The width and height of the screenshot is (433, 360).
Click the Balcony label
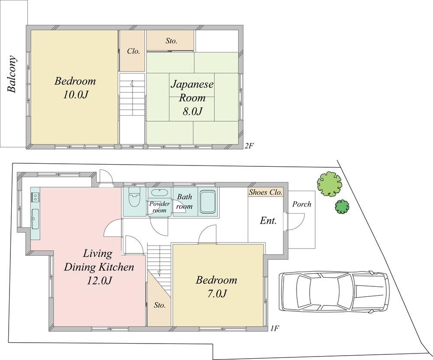click(12, 74)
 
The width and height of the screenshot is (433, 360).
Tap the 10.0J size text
click(75, 95)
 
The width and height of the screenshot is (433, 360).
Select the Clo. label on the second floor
click(133, 51)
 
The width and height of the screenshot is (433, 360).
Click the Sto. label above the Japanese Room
click(171, 41)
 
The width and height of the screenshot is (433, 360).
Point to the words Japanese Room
click(191, 91)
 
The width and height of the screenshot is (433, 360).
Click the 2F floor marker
click(249, 146)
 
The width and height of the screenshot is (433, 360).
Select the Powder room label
click(158, 207)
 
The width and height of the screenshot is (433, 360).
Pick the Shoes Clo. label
click(266, 192)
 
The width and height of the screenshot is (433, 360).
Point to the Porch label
click(301, 204)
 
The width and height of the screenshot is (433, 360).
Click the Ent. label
click(268, 221)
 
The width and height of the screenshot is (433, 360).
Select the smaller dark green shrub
click(342, 206)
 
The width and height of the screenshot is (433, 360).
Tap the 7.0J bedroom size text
click(216, 294)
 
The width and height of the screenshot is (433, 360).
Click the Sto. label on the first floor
click(160, 305)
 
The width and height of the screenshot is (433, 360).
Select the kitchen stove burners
click(35, 197)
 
